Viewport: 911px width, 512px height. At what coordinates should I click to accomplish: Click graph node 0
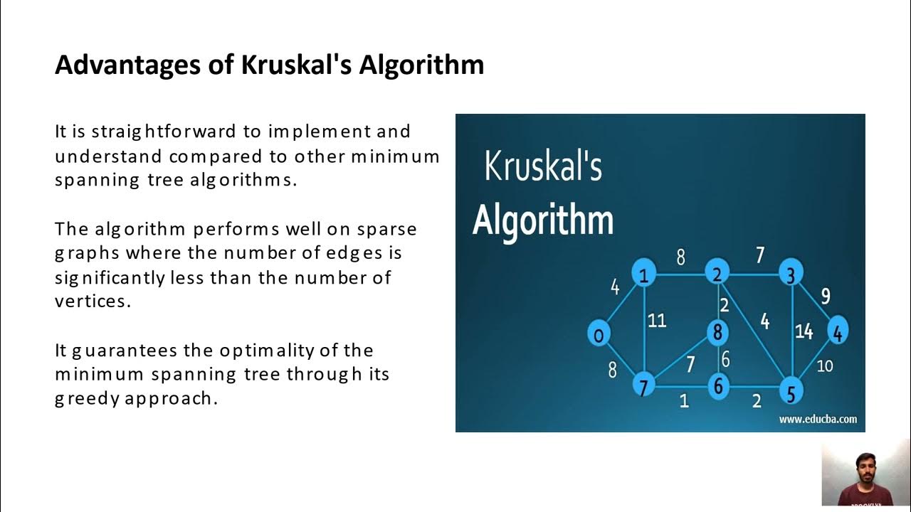(x=599, y=334)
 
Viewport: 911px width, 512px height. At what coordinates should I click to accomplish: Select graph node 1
(x=644, y=274)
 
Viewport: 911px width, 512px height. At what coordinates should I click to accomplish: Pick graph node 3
(x=791, y=274)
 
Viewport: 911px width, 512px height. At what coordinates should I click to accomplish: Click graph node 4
(x=838, y=331)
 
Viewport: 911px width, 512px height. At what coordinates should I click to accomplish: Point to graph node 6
(x=718, y=386)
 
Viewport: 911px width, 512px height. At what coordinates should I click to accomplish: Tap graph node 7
(x=644, y=386)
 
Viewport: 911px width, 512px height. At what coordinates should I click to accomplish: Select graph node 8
(x=718, y=331)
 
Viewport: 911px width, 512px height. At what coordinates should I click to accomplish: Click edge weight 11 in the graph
(x=657, y=321)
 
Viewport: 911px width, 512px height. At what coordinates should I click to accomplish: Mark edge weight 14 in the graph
(x=804, y=331)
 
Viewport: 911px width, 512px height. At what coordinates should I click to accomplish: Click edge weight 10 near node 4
(x=824, y=366)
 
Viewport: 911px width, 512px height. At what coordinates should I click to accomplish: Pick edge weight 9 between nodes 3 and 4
(x=826, y=296)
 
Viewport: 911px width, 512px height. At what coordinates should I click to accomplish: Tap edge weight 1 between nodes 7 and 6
(x=684, y=401)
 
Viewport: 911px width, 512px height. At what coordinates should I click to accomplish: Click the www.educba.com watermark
(x=818, y=419)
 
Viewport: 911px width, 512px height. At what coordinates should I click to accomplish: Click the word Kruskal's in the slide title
(x=297, y=65)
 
